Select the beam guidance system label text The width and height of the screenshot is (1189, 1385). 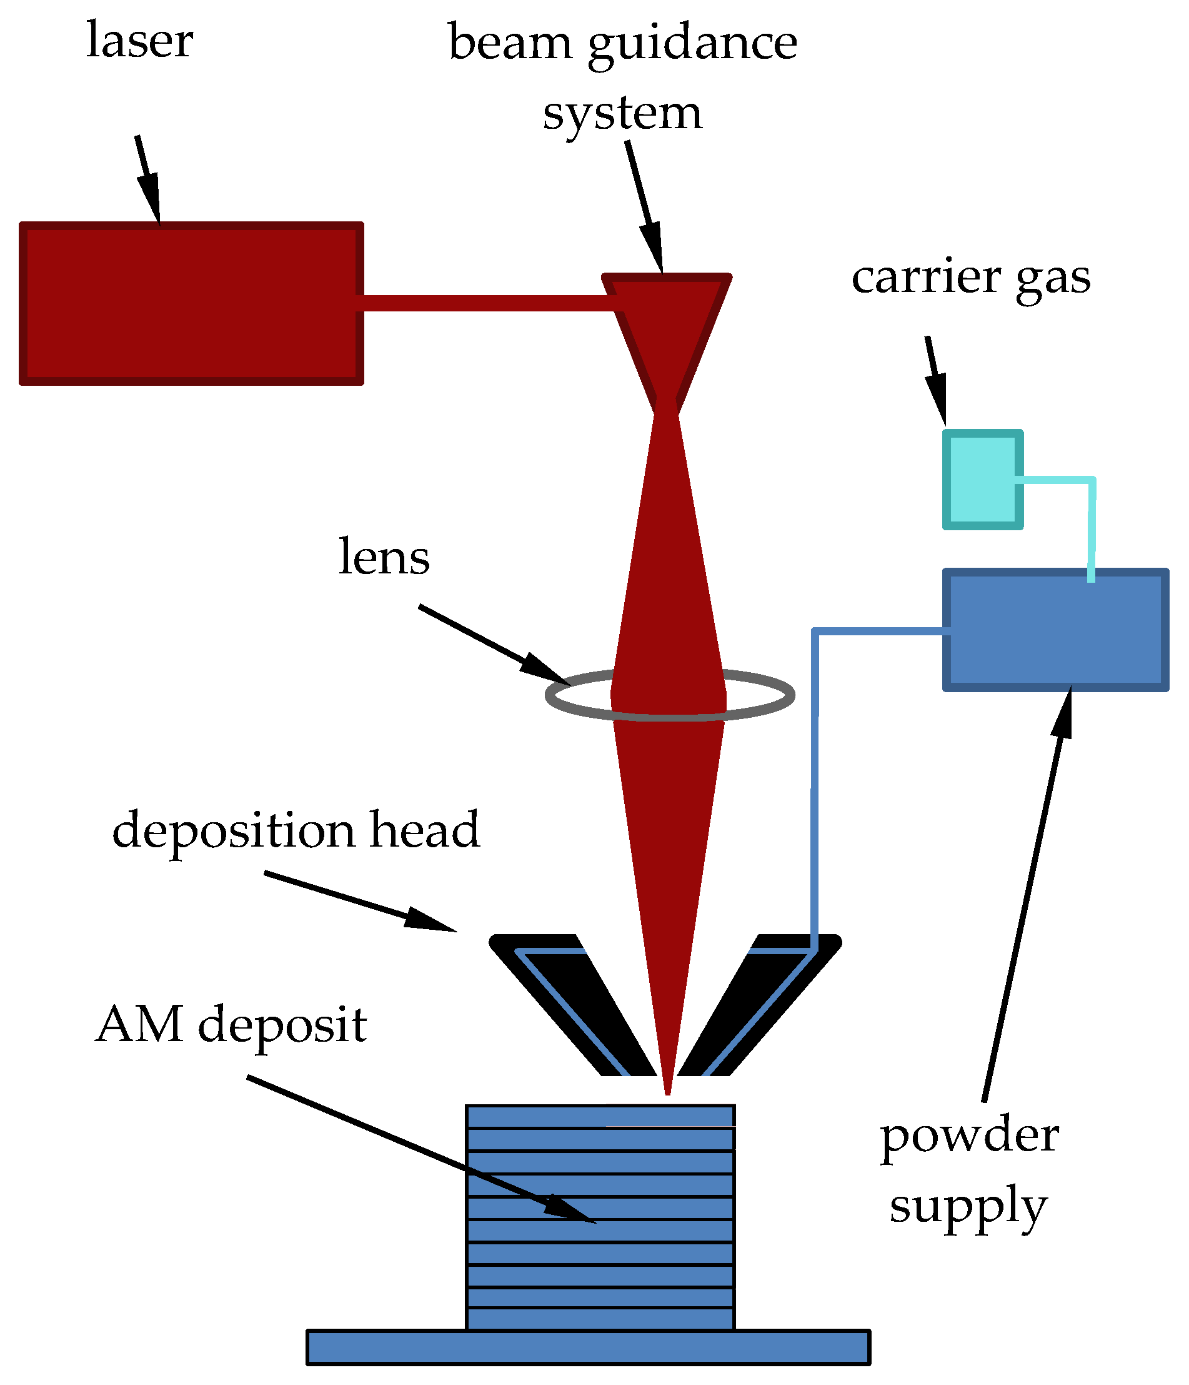pyautogui.click(x=622, y=77)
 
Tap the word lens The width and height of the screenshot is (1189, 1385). pyautogui.click(x=384, y=557)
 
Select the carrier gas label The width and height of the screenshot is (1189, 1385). pyautogui.click(x=970, y=278)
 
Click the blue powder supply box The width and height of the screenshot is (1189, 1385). pyautogui.click(x=1055, y=630)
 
